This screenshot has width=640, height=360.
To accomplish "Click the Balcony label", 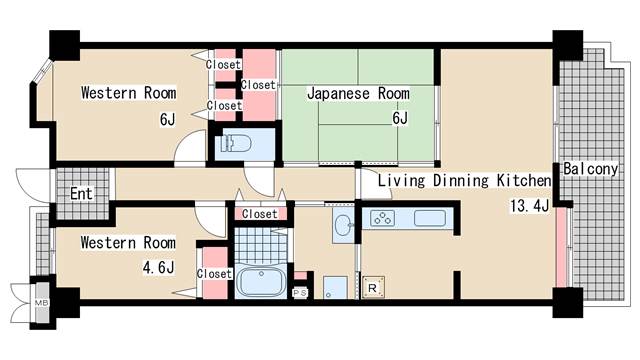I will (590, 169).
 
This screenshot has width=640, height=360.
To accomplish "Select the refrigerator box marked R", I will (373, 290).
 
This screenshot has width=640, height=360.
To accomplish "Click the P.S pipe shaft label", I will (300, 292).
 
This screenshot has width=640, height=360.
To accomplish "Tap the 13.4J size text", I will (529, 206).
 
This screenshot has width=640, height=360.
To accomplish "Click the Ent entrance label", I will (82, 193).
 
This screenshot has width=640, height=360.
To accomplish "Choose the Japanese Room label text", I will (358, 93).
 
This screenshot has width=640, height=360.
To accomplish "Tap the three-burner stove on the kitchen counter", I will (381, 218).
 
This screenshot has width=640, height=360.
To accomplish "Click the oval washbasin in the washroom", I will (342, 224).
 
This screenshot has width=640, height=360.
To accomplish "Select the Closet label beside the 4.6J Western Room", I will (214, 273).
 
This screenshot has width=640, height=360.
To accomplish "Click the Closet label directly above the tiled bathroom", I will (260, 213).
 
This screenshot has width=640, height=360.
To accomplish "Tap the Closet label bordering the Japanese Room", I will (258, 85).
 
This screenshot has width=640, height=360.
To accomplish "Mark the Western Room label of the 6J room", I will (128, 93).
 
